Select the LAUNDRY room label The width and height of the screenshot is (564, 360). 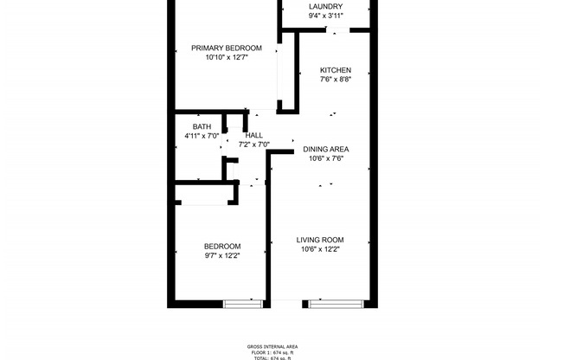[x=324, y=7]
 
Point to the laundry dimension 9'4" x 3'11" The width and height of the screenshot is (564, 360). [x=324, y=16]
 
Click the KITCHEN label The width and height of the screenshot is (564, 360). [x=335, y=70]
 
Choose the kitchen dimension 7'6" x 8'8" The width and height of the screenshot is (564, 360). [x=335, y=80]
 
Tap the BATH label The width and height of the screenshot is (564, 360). [x=202, y=127]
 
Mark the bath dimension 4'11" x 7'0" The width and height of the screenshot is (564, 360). [x=202, y=137]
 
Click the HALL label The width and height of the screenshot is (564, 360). [x=254, y=135]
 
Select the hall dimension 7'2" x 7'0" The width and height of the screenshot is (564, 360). [x=254, y=145]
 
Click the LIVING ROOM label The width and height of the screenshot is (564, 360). [x=320, y=240]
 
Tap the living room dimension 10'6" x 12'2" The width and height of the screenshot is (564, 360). [x=320, y=249]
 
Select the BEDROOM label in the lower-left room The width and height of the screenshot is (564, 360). [x=222, y=246]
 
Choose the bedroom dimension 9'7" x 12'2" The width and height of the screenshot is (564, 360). [x=222, y=255]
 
